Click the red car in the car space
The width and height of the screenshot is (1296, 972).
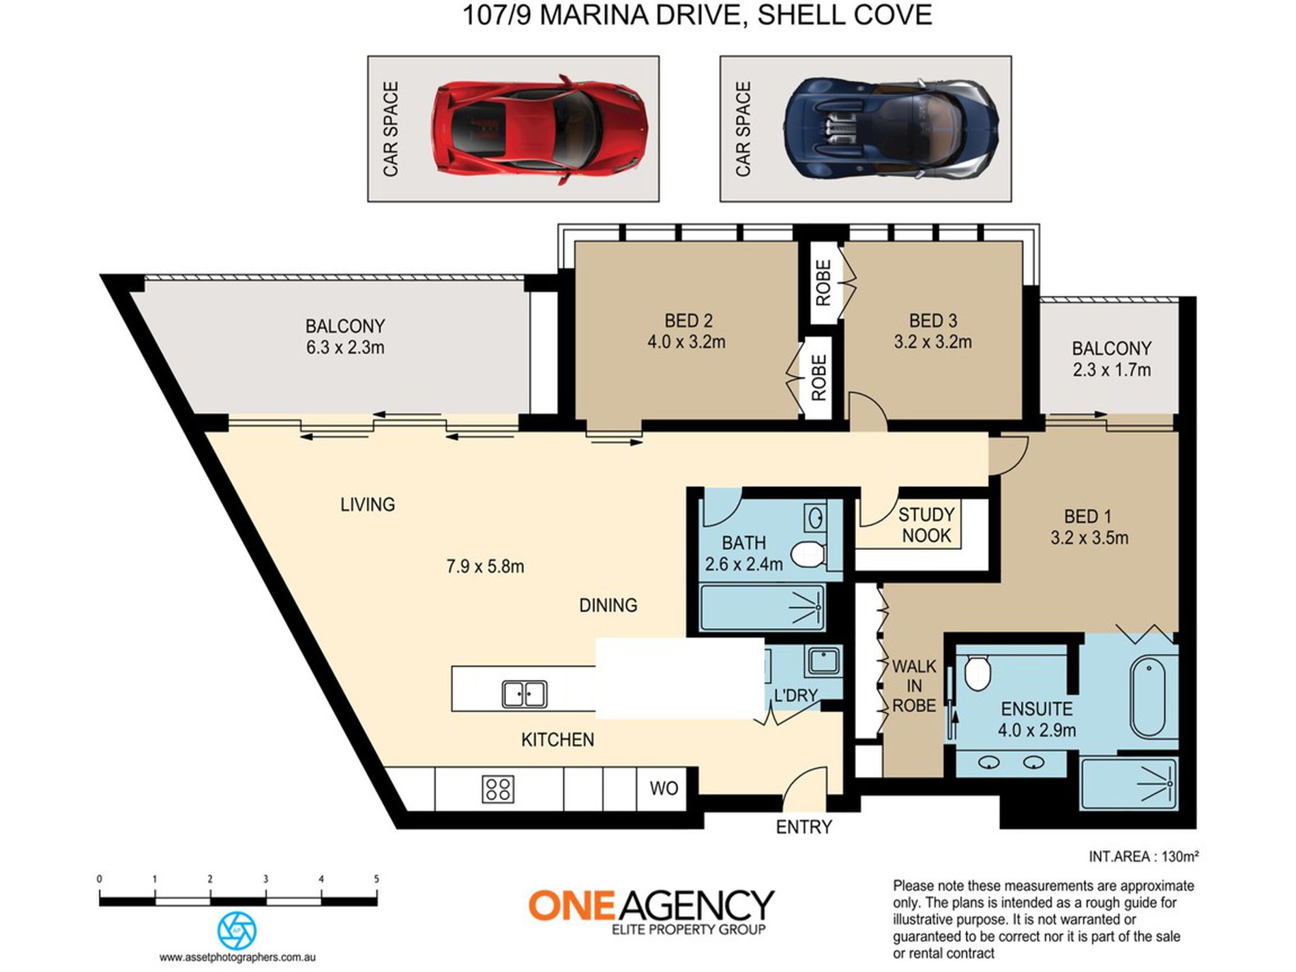540,129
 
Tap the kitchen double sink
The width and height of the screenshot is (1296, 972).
524,694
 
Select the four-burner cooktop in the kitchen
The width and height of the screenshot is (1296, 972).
498,789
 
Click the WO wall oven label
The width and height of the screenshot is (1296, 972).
664,789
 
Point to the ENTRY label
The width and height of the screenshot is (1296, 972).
804,827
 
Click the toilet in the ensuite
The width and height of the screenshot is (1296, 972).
978,673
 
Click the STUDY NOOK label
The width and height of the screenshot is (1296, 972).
926,525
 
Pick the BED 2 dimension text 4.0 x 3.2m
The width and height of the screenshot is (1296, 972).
686,342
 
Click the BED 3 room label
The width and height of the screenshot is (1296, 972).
933,321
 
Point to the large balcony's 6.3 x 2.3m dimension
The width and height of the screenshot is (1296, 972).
345,347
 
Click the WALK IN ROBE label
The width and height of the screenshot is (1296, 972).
914,686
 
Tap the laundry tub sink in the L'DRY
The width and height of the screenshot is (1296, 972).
823,661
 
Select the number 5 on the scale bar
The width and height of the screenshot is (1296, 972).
377,879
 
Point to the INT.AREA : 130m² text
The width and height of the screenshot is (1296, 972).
1144,857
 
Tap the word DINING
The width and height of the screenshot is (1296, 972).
608,605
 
